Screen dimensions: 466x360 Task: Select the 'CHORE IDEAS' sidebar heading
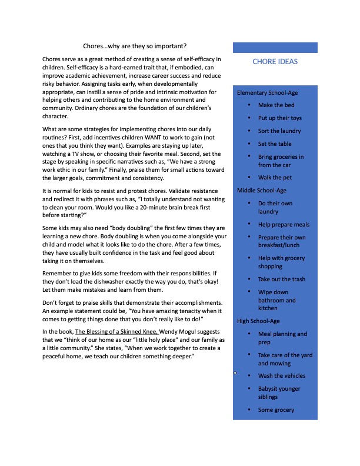pos(275,62)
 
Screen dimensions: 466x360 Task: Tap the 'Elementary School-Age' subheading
pos(267,93)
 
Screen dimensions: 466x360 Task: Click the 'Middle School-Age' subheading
pos(261,191)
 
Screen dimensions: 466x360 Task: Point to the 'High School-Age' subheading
pos(258,321)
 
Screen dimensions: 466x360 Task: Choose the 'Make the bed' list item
pos(276,105)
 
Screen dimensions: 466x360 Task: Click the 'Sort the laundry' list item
pos(279,131)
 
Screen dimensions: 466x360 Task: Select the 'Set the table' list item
pos(274,144)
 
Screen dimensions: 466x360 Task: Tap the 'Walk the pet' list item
pos(274,178)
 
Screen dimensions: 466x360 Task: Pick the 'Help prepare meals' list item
pos(284,225)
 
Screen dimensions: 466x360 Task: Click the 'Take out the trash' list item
pos(281,279)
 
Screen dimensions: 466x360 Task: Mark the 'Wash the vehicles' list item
pos(282,376)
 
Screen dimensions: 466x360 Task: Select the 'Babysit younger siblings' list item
pos(279,393)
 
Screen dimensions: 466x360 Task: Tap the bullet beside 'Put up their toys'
pos(249,118)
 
